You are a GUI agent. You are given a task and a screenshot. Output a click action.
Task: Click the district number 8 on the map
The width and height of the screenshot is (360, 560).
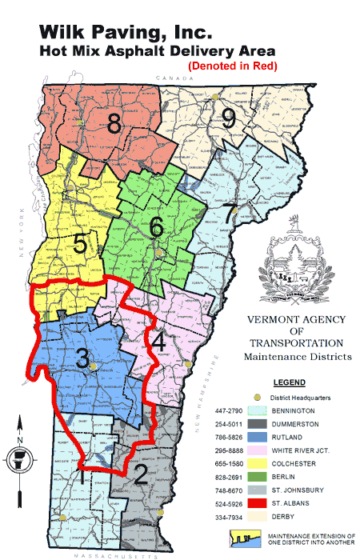click(x=114, y=124)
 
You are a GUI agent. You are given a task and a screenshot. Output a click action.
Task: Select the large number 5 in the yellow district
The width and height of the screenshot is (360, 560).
click(x=81, y=244)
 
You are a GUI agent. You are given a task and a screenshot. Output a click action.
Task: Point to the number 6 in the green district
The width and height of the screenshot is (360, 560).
click(x=157, y=227)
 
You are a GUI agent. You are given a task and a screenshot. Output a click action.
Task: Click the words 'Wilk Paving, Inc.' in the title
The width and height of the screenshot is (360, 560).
click(x=126, y=34)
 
